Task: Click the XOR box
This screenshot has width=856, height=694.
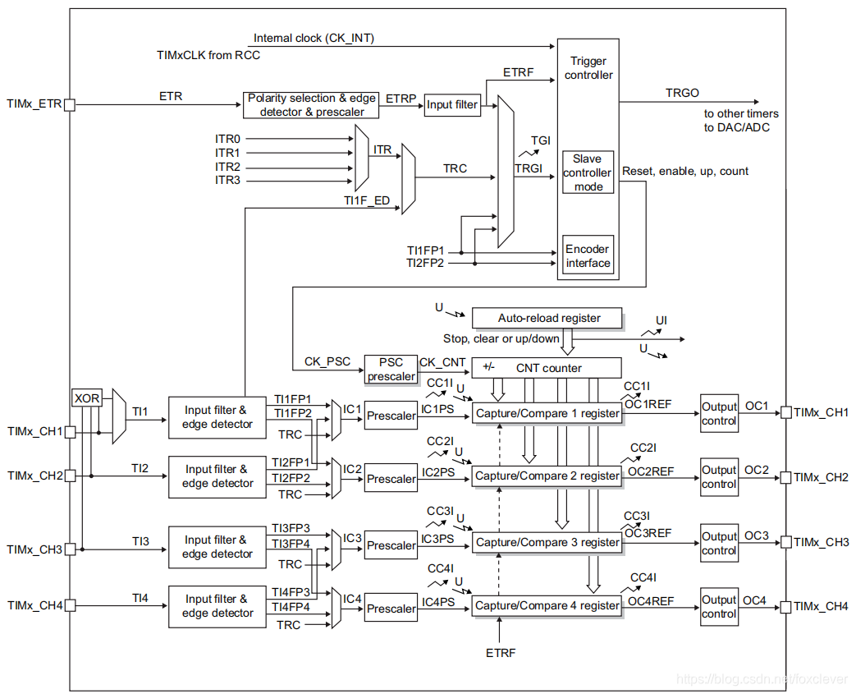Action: (x=87, y=398)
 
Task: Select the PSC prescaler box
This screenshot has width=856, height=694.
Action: (x=391, y=370)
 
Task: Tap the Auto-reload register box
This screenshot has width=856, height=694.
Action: (x=547, y=318)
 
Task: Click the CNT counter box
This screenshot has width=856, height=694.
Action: (x=547, y=368)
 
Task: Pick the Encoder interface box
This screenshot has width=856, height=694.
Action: (x=588, y=255)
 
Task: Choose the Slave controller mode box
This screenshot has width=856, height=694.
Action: (x=588, y=172)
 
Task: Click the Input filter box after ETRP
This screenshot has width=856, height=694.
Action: (x=452, y=104)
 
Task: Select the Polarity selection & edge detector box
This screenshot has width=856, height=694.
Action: (x=311, y=105)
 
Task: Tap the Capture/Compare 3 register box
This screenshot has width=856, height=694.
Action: (x=547, y=543)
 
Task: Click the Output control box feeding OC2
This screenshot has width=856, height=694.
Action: (x=720, y=477)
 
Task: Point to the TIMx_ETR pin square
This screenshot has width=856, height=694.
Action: (x=69, y=104)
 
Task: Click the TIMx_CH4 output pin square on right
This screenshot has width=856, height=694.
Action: (x=785, y=607)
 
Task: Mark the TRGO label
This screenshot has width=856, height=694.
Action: (x=682, y=93)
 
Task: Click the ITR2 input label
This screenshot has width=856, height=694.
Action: (x=227, y=167)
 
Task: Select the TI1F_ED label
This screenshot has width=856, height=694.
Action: (x=367, y=200)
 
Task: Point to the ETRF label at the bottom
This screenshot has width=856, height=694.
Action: (x=501, y=653)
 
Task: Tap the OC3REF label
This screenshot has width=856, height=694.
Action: (x=648, y=533)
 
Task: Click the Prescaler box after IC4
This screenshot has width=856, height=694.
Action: (x=391, y=609)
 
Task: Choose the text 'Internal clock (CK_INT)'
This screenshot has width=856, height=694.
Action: (x=314, y=39)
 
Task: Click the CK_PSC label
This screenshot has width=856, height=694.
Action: (x=327, y=361)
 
